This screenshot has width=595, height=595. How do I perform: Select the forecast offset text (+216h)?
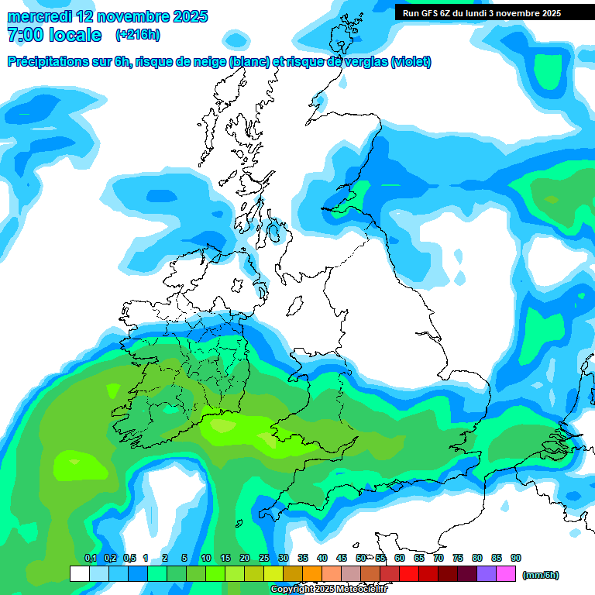point(137,35)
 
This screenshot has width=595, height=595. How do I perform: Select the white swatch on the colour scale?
point(79,574)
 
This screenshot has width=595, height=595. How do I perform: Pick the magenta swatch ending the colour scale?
point(506,574)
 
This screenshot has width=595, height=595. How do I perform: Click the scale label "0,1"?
point(90,559)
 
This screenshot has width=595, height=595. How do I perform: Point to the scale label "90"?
point(515,559)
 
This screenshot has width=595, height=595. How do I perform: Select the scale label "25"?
point(263,559)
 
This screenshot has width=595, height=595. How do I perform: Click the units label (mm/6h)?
point(541,575)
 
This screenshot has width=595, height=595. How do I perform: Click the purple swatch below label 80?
point(487,574)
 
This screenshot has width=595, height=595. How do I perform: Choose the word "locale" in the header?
point(75,35)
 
